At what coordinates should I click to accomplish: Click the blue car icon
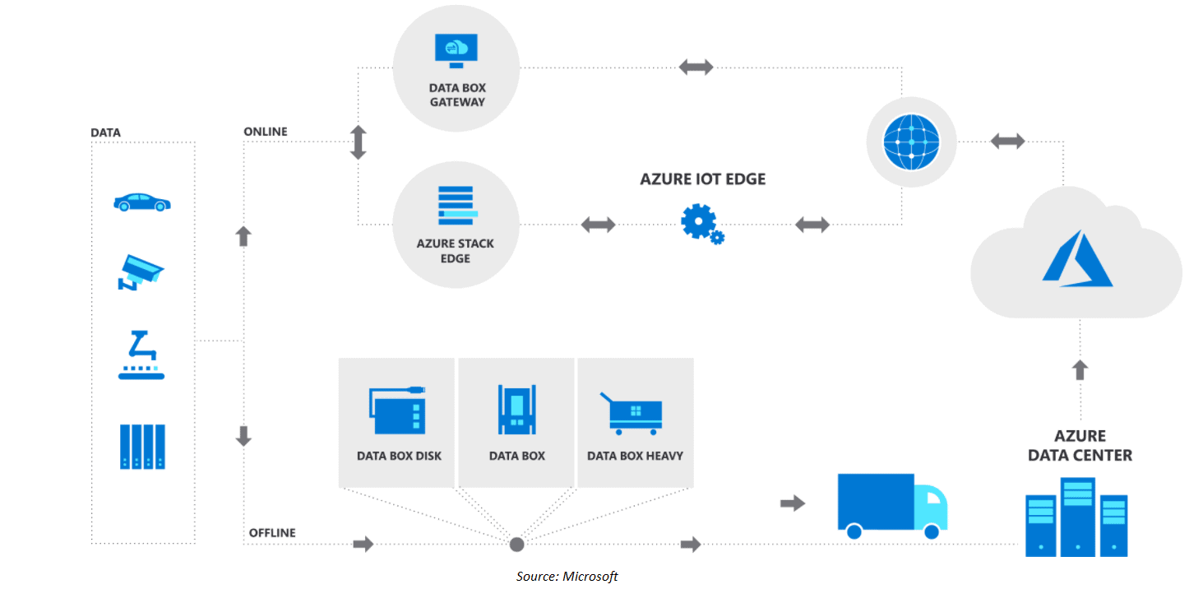[142, 202]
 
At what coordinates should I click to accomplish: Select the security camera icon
[141, 272]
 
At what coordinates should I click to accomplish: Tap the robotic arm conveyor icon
[141, 355]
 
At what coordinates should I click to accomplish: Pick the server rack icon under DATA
[142, 447]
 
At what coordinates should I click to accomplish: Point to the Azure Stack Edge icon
[456, 205]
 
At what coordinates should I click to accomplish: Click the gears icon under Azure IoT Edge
[702, 224]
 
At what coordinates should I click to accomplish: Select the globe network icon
[910, 141]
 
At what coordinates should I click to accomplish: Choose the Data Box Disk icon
[398, 410]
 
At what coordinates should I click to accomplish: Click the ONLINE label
[266, 132]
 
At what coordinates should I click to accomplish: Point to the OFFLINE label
[272, 533]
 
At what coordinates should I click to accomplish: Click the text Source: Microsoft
[567, 576]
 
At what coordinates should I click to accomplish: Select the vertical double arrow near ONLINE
[358, 142]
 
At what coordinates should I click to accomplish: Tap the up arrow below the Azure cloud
[1080, 369]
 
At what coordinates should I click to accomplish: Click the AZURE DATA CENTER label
[1080, 445]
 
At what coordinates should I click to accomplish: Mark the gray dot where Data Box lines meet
[516, 544]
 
